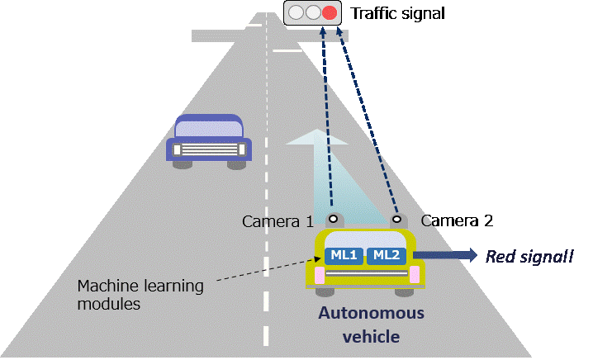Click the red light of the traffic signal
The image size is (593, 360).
[x=330, y=12]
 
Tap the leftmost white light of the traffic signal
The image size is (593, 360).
[x=296, y=12]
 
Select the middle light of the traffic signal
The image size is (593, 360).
[x=312, y=12]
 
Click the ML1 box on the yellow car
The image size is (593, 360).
[x=344, y=255]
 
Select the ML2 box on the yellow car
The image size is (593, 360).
[x=387, y=255]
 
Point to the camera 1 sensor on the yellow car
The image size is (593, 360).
[x=333, y=220]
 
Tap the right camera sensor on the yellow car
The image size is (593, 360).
[x=396, y=220]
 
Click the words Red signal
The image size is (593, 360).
[x=529, y=257]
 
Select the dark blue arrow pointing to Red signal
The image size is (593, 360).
[x=446, y=256]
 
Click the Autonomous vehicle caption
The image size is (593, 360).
[x=371, y=324]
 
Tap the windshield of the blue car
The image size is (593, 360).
[x=209, y=128]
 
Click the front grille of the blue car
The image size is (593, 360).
[x=209, y=150]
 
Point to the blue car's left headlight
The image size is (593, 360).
[x=175, y=149]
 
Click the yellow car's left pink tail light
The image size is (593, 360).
[x=317, y=274]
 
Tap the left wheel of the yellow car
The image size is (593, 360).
[x=327, y=291]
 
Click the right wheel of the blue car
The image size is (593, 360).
[x=235, y=164]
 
